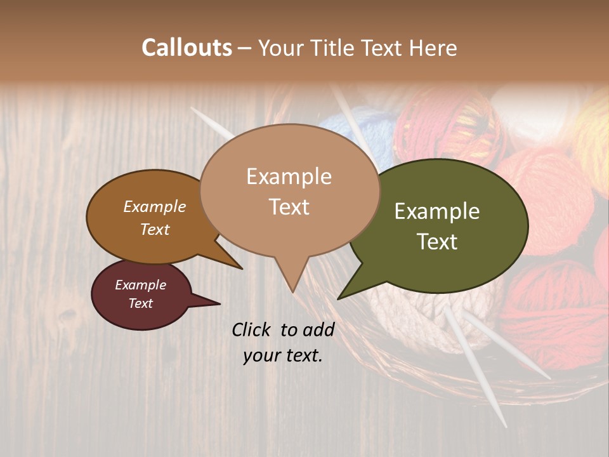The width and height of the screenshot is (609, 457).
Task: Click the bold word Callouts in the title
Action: (187, 48)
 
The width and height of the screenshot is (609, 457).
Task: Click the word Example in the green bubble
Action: (437, 211)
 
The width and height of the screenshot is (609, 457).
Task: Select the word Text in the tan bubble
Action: (289, 207)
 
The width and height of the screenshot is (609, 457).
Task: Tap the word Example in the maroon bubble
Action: (141, 285)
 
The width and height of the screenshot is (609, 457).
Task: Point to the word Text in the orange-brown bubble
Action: (155, 229)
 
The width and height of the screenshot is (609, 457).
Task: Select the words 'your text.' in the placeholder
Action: (283, 355)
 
